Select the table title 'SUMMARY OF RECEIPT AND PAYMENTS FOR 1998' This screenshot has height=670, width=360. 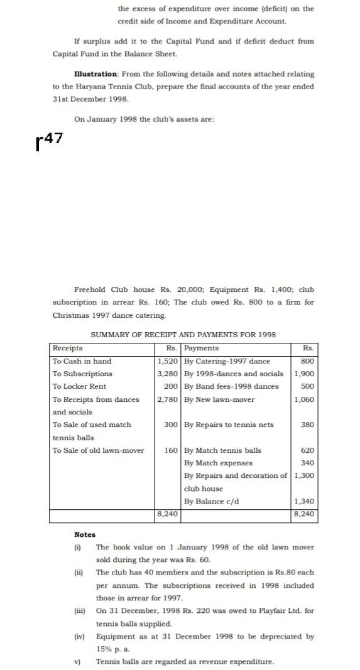[183, 335]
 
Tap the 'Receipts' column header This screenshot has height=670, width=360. [67, 348]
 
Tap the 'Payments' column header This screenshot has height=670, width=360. [201, 348]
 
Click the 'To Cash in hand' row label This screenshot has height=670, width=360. [82, 361]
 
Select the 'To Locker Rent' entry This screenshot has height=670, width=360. [79, 386]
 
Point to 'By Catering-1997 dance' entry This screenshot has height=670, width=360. [227, 361]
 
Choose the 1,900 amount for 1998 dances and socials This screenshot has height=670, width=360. [304, 374]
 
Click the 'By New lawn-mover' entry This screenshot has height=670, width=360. [219, 399]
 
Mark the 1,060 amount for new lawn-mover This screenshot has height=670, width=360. [304, 399]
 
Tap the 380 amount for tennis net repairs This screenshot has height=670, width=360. [307, 424]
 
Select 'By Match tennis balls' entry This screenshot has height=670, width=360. [222, 450]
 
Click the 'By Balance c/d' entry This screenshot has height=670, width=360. [211, 501]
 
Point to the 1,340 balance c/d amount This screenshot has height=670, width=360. [304, 501]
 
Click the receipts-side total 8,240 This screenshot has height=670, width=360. [167, 513]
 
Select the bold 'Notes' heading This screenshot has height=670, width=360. [85, 534]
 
